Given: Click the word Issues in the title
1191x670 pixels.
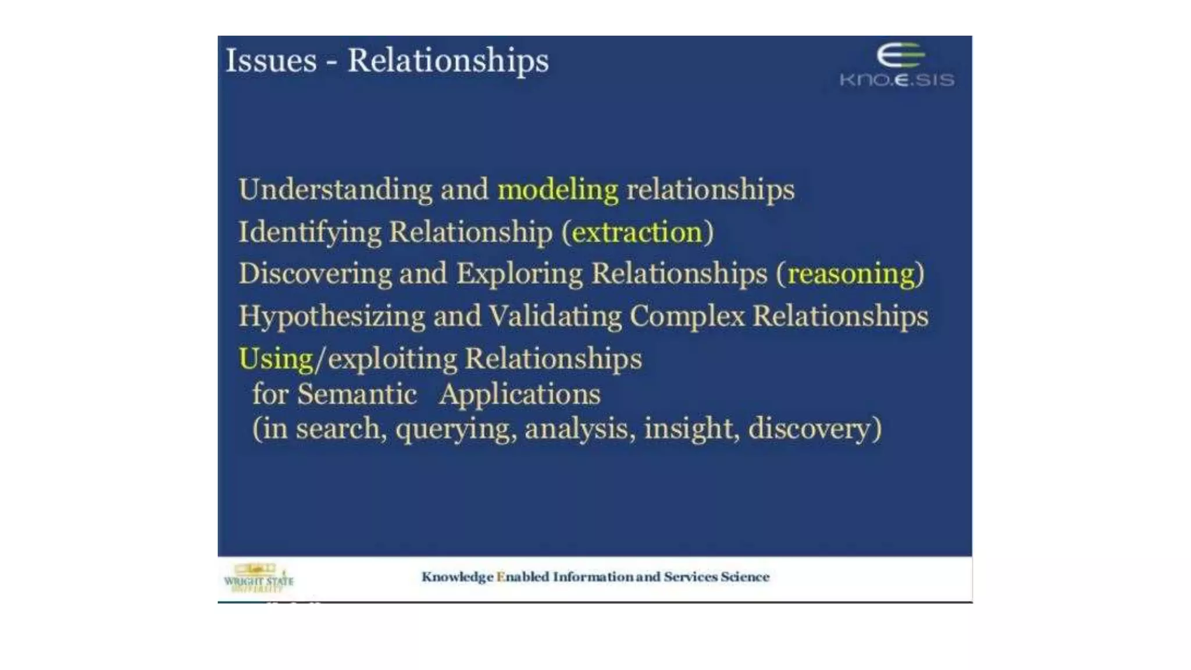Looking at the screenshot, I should (x=271, y=60).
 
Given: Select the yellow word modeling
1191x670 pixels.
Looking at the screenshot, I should (x=558, y=190).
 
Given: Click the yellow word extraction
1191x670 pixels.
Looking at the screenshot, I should (x=637, y=233).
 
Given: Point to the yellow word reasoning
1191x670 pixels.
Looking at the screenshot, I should (x=851, y=274).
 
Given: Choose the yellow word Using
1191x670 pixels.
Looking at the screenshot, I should (x=276, y=359).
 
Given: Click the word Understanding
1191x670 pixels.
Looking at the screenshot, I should (x=336, y=190).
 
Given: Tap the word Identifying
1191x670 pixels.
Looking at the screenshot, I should (x=310, y=233).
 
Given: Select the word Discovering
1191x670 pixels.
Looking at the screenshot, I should (x=315, y=274).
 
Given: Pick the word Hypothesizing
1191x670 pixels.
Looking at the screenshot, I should (x=331, y=317).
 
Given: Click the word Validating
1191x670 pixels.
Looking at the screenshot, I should (x=555, y=317).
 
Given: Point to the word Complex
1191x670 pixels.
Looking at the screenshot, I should (x=687, y=317).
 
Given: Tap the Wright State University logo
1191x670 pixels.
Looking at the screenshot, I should (x=259, y=578).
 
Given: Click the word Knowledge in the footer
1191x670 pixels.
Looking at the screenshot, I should (x=457, y=577).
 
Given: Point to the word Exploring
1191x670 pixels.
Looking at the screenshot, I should (x=519, y=274).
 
